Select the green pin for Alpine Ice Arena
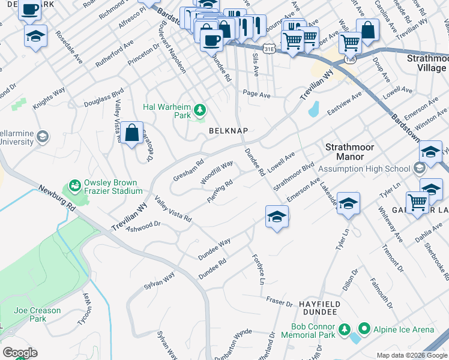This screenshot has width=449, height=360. [364, 329]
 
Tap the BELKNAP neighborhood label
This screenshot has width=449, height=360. [228, 130]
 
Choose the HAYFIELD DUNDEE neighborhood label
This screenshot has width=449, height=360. [320, 309]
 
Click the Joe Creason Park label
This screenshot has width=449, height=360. [37, 314]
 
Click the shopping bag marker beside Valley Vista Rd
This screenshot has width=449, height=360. [131, 133]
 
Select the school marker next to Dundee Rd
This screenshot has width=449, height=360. [277, 217]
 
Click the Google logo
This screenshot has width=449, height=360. [20, 353]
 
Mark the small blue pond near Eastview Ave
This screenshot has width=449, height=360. [313, 109]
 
